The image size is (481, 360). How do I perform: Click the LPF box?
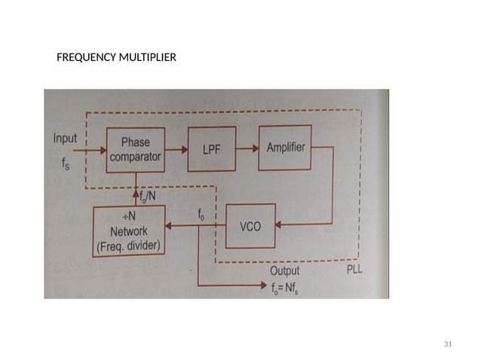[211, 151]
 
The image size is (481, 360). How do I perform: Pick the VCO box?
[251, 224]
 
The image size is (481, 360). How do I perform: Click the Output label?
[284, 270]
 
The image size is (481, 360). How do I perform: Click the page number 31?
[448, 344]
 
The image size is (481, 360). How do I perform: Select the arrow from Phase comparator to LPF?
[173, 151]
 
